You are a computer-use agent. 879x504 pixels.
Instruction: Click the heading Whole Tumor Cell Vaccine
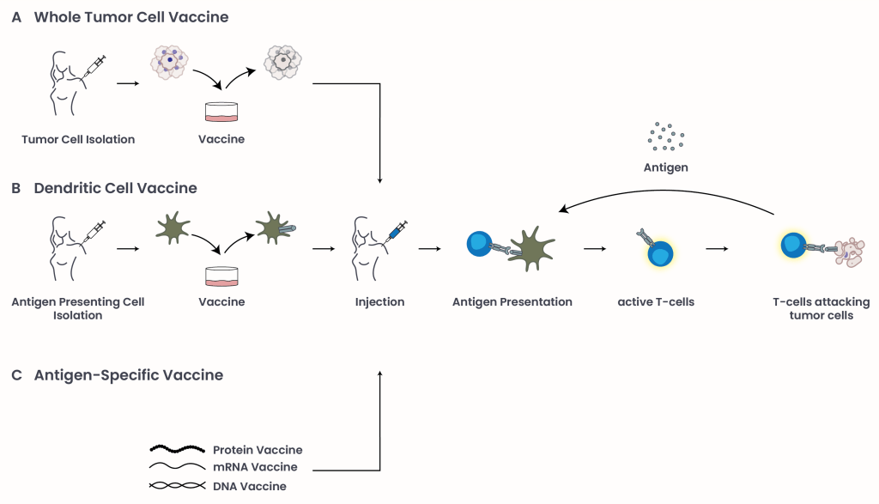131,17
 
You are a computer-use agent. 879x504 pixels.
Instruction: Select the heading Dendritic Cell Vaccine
115,188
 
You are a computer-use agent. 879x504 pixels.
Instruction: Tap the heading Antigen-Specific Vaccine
129,375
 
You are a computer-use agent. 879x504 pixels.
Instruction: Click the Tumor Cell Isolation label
78,139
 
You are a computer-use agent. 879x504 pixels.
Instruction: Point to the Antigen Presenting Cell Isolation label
78,308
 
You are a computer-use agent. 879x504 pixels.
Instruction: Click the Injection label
379,302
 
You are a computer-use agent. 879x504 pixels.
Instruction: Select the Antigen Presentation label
512,302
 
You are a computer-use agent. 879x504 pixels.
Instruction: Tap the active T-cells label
656,302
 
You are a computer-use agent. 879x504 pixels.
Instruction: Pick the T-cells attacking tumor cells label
821,308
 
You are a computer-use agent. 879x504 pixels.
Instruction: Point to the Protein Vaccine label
258,450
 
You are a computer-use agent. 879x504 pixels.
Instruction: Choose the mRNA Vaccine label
255,468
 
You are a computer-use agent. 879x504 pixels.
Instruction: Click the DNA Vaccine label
250,486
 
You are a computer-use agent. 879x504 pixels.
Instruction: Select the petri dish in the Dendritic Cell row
221,276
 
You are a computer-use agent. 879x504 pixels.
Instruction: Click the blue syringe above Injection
397,230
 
